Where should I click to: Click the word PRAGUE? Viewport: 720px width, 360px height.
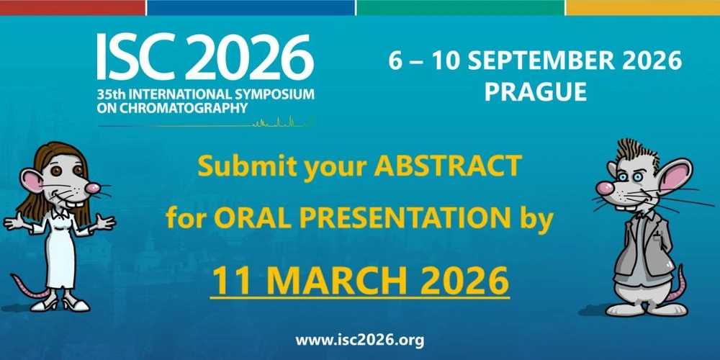click(535, 92)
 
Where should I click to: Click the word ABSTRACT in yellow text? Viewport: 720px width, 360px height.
click(447, 167)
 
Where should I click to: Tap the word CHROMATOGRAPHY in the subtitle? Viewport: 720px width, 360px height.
click(180, 108)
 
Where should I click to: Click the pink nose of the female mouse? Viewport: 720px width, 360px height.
click(91, 189)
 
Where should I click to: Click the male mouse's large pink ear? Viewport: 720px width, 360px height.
click(675, 175)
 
